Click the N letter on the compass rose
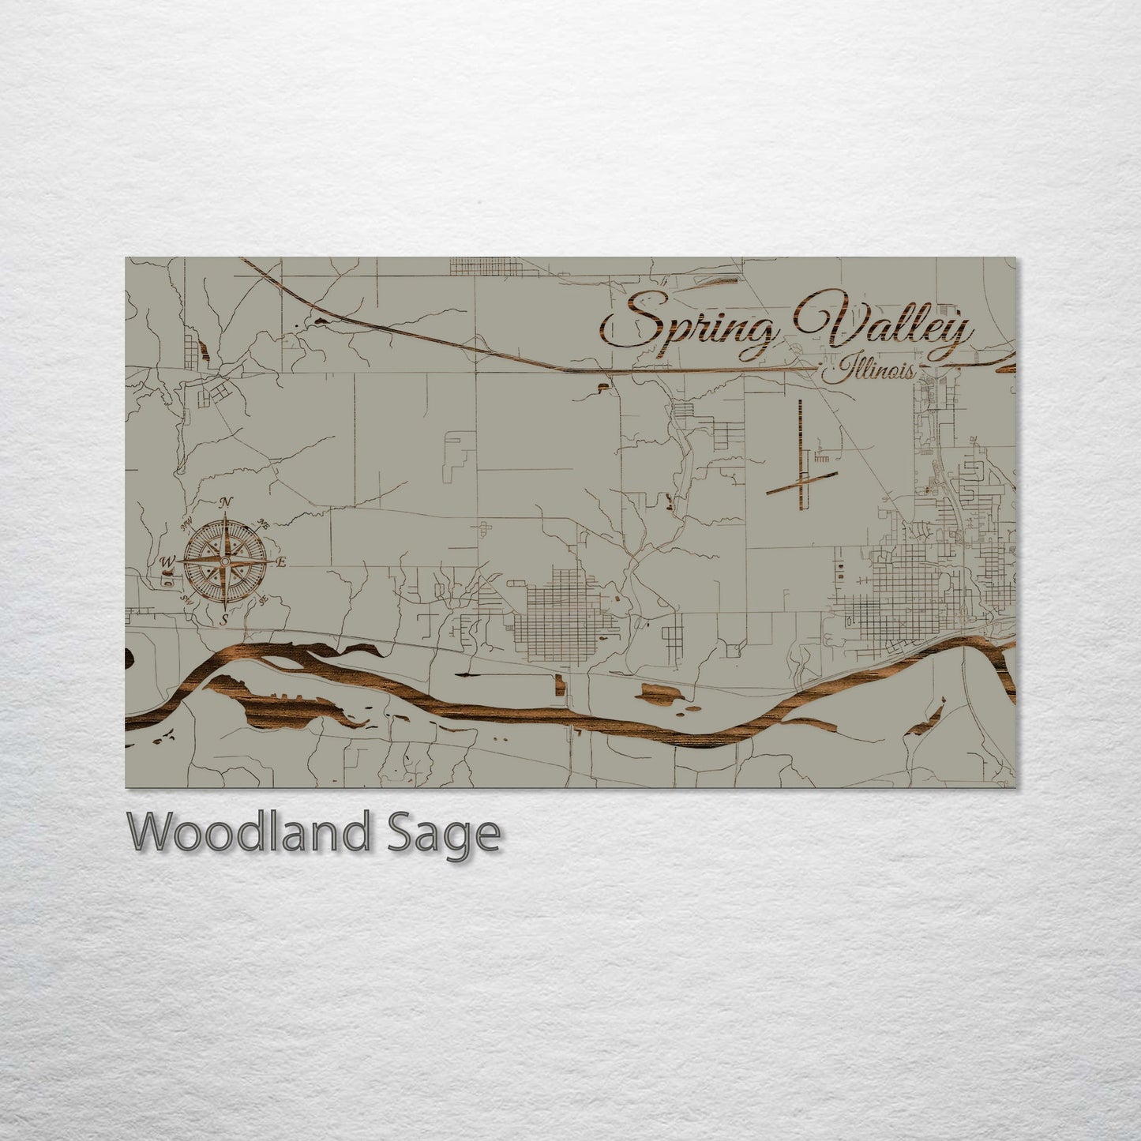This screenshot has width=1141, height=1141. click(x=227, y=502)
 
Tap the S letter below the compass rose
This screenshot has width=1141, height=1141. click(x=224, y=618)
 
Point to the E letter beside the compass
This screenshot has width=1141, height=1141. click(x=280, y=562)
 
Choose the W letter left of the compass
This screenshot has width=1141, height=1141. click(x=167, y=561)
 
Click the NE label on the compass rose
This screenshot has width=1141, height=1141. click(x=265, y=524)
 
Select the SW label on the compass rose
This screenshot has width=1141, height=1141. click(x=187, y=599)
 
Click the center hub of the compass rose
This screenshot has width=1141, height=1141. click(x=225, y=561)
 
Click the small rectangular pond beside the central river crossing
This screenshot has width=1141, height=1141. click(x=560, y=685)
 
